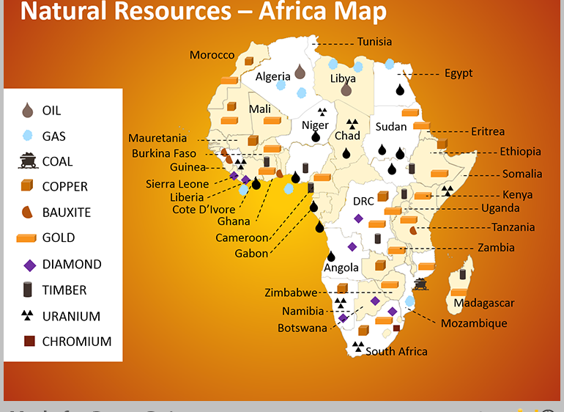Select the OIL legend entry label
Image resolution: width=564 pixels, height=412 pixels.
pos(51,111)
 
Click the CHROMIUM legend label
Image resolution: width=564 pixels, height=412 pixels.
pos(76,342)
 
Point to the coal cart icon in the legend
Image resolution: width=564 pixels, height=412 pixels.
pos(28,161)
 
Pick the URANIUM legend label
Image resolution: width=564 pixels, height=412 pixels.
pos(71,317)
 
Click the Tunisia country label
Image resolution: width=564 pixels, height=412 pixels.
pos(374,42)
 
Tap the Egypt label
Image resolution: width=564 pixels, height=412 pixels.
pos(458,73)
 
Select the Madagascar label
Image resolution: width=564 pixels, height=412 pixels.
pos(483,303)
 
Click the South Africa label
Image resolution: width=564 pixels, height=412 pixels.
pos(396,351)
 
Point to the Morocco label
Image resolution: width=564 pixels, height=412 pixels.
pos(212,55)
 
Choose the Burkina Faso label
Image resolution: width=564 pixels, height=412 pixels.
pos(164,153)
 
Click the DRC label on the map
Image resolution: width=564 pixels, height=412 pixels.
pos(363,201)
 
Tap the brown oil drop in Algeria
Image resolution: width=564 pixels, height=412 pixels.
pos(299,72)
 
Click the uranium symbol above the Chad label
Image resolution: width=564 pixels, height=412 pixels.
pos(352,124)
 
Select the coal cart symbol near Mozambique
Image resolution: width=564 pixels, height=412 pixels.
pos(420,284)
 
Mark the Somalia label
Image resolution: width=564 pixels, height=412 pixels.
pos(522,174)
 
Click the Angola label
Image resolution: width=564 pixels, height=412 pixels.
pos(341,268)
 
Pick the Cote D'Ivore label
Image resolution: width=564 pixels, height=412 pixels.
pos(204,210)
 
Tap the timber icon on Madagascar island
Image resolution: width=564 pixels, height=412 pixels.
pos(462,275)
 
